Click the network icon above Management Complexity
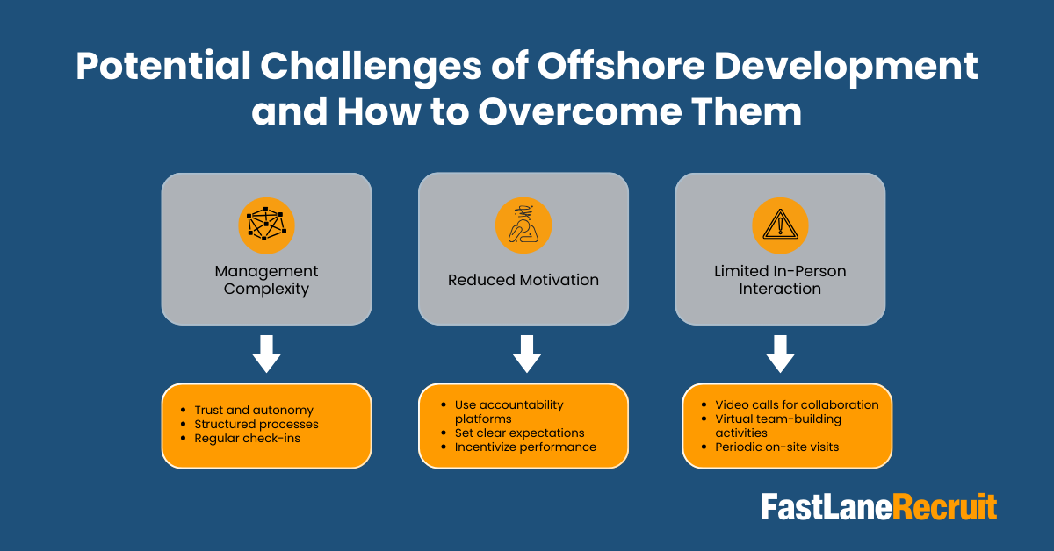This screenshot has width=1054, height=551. (x=266, y=225)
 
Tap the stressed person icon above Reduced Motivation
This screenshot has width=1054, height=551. (x=523, y=225)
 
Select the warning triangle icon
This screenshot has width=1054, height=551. (x=780, y=225)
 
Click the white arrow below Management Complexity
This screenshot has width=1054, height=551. (x=266, y=354)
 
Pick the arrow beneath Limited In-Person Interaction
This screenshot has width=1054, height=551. (x=780, y=354)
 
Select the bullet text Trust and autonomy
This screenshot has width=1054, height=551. (x=254, y=410)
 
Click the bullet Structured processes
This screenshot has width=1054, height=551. (x=256, y=424)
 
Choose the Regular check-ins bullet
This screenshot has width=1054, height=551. (x=247, y=438)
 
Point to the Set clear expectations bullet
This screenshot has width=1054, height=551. (x=519, y=433)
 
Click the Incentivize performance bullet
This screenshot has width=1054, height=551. (x=525, y=447)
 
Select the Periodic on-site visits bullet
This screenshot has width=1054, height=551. (x=776, y=447)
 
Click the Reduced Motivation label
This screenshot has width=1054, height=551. (x=523, y=281)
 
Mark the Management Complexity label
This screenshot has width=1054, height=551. (x=266, y=280)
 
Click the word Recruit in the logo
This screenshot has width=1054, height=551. (x=945, y=507)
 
